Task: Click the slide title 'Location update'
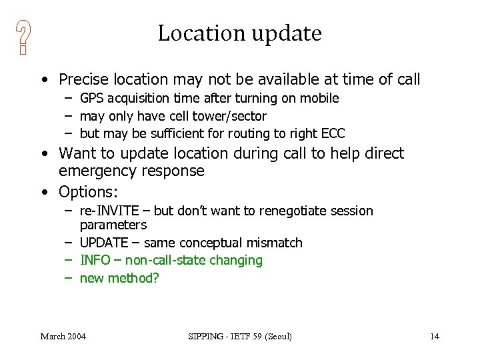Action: [x=239, y=33]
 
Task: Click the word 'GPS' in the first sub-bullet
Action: [x=93, y=99]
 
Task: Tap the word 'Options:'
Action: [x=88, y=192]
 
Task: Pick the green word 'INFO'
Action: [x=94, y=260]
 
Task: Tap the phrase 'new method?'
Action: [x=119, y=278]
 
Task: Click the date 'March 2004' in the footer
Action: [x=63, y=336]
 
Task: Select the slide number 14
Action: [x=434, y=336]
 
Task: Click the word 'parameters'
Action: [x=113, y=225]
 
